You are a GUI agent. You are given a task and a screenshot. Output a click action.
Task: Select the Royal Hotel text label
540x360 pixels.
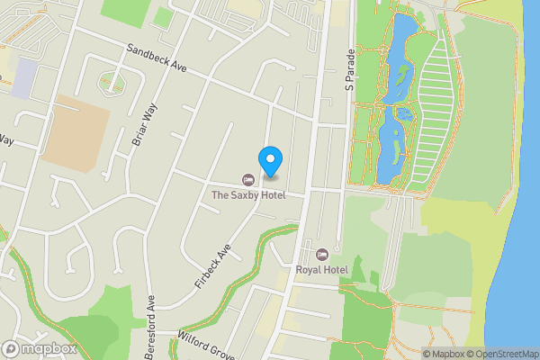(x=321, y=268)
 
